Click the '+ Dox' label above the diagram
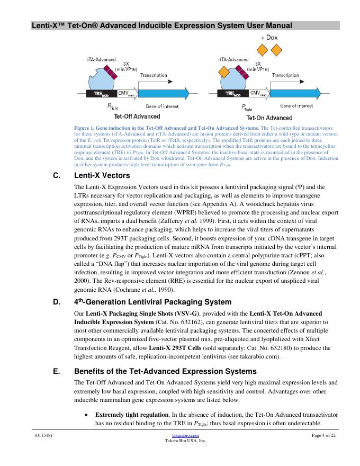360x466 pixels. point(269,38)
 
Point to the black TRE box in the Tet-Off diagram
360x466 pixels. point(101,94)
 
